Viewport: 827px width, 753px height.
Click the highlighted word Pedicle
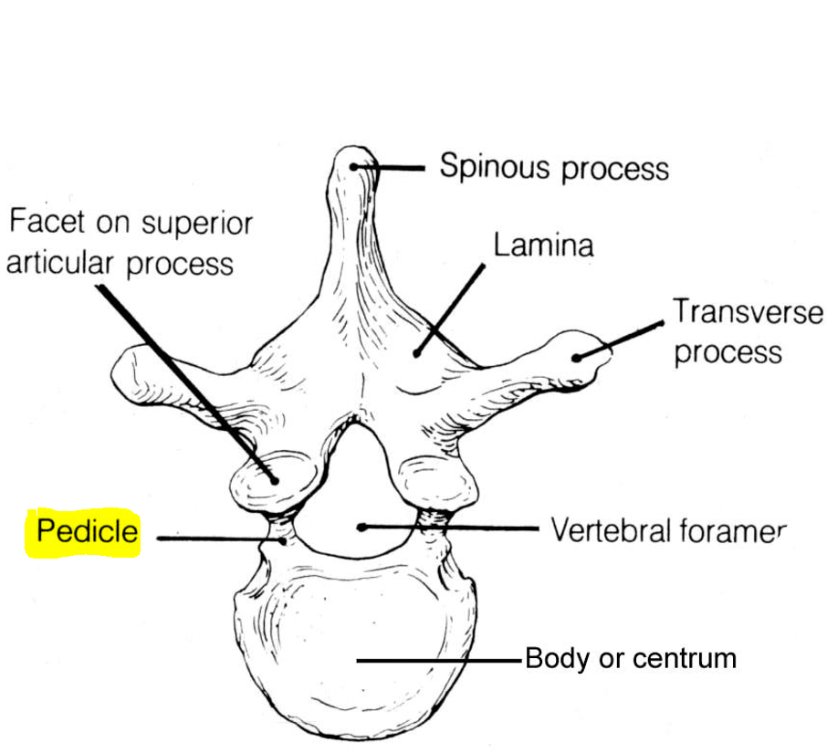87,531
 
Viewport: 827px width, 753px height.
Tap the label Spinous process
554,168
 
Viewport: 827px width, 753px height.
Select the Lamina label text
543,246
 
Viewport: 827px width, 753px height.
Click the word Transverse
748,312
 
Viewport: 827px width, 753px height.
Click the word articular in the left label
62,263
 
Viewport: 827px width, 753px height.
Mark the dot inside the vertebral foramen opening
362,527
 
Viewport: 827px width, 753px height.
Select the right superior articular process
435,480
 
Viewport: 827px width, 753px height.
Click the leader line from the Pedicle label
210,539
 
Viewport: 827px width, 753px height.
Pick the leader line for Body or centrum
438,659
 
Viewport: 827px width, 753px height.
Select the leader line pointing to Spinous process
397,168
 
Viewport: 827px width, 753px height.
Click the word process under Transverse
728,352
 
